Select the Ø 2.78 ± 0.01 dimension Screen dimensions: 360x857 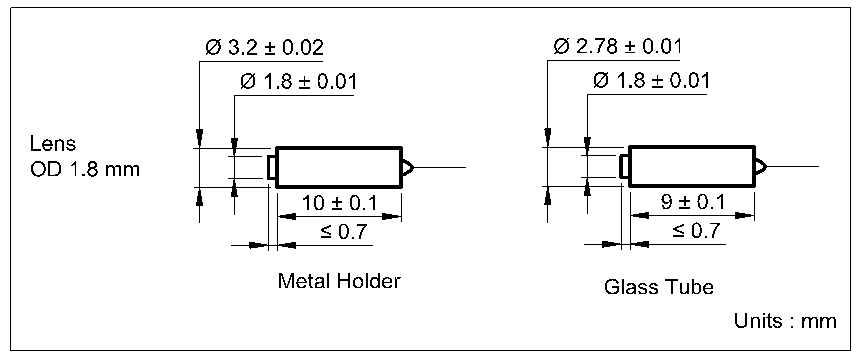617,47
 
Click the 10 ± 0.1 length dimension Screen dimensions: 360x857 339,204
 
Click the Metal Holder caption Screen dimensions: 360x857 339,281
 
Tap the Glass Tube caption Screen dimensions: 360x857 659,287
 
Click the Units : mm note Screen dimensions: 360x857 784,321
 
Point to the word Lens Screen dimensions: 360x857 52,144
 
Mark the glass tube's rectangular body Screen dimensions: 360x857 690,166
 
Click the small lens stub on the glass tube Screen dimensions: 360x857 624,166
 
